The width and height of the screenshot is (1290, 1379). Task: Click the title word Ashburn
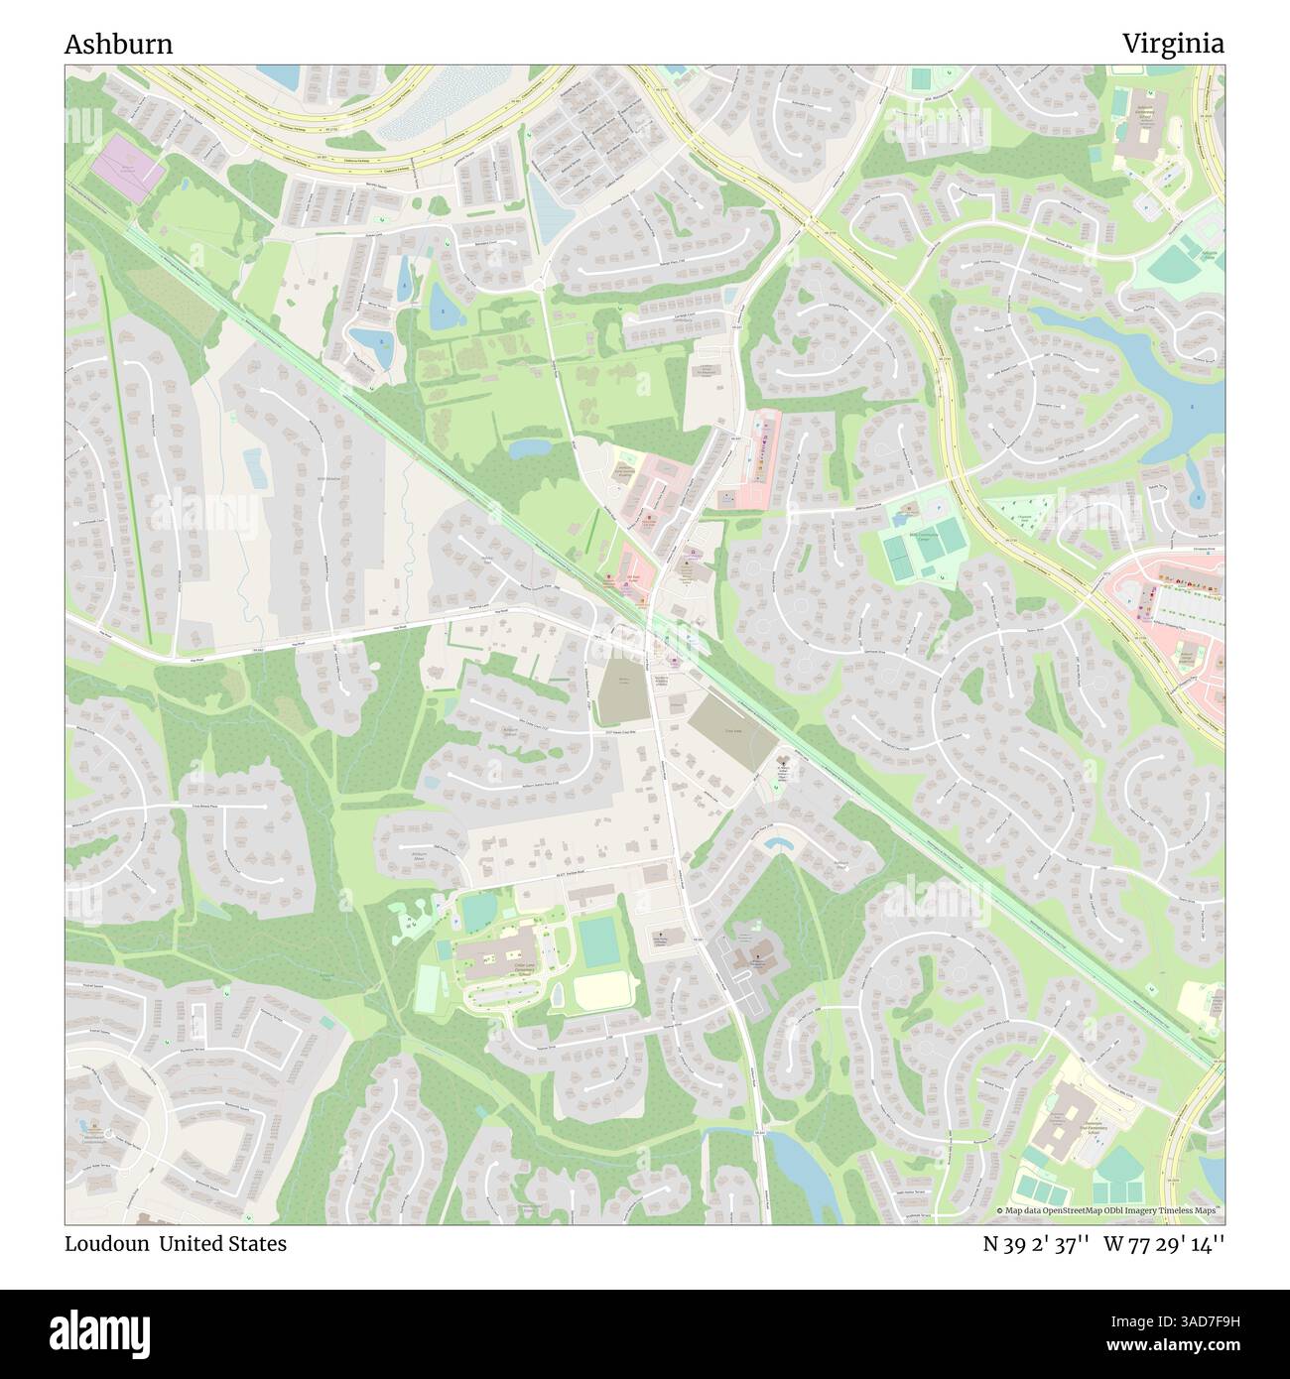point(118,45)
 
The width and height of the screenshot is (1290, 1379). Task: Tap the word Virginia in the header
point(1173,45)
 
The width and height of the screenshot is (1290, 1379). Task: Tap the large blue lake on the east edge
point(1196,397)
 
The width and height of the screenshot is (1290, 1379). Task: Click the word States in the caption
point(256,1244)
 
